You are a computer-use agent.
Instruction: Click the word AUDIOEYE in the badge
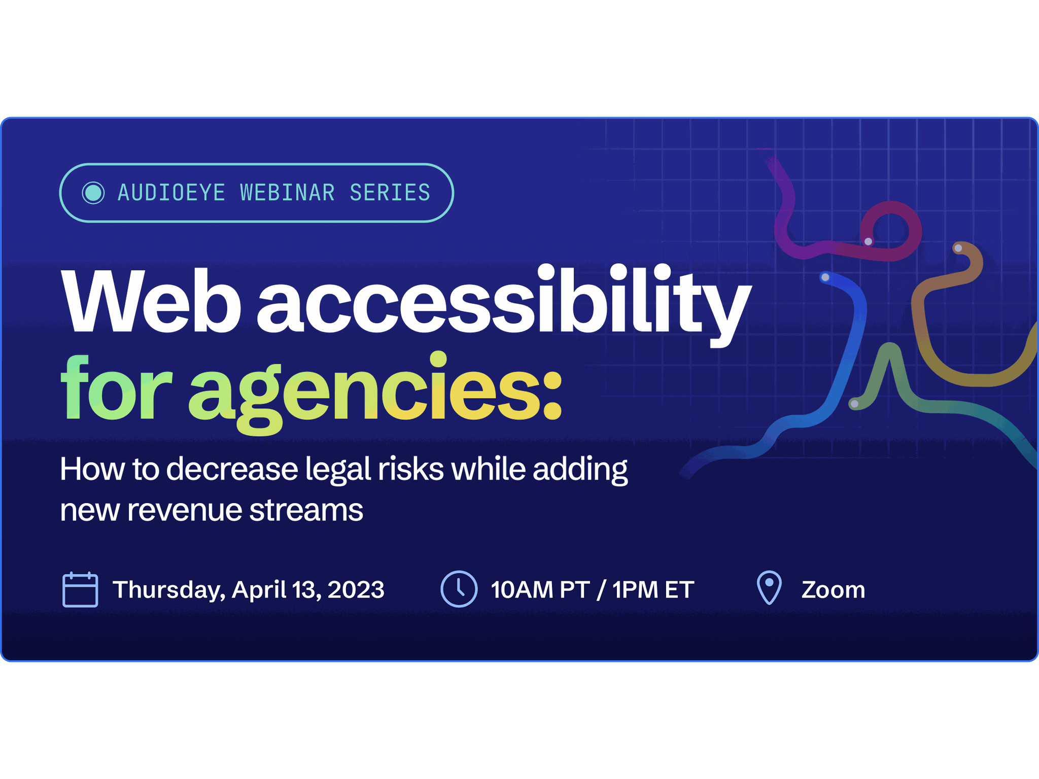[171, 193]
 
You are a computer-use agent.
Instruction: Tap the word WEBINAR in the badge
[287, 193]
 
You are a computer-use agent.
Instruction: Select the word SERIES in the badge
[390, 193]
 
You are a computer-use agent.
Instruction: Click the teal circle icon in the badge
[93, 193]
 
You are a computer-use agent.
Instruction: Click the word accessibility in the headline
[504, 304]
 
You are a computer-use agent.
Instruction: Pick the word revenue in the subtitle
[184, 510]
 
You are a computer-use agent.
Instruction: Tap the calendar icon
[80, 589]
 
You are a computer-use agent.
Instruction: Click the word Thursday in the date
[169, 590]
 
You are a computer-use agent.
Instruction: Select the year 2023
[356, 590]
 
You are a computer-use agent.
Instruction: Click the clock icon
[459, 589]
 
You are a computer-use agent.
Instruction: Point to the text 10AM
[522, 590]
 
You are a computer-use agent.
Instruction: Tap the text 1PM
[634, 590]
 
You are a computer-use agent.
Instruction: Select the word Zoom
[833, 590]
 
